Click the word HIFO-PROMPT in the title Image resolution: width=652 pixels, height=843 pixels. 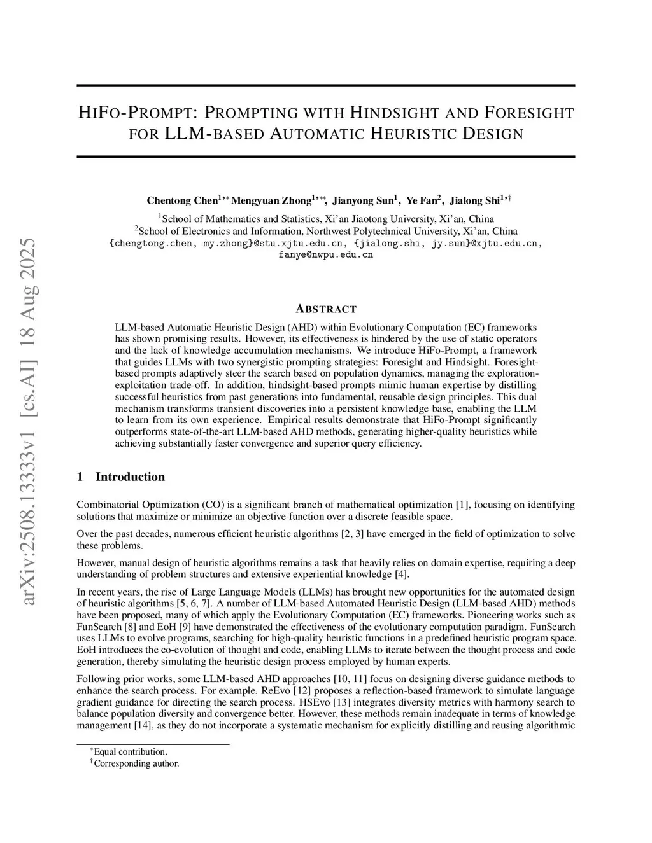[134, 114]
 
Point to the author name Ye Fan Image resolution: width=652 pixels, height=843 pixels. [421, 200]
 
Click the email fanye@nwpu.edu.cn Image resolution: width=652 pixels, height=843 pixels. [325, 254]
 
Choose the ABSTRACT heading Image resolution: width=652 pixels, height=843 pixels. [326, 309]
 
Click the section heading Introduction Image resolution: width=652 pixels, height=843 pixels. [130, 477]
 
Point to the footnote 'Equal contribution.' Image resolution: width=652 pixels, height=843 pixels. [131, 751]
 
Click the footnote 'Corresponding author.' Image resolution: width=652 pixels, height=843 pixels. [136, 763]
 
